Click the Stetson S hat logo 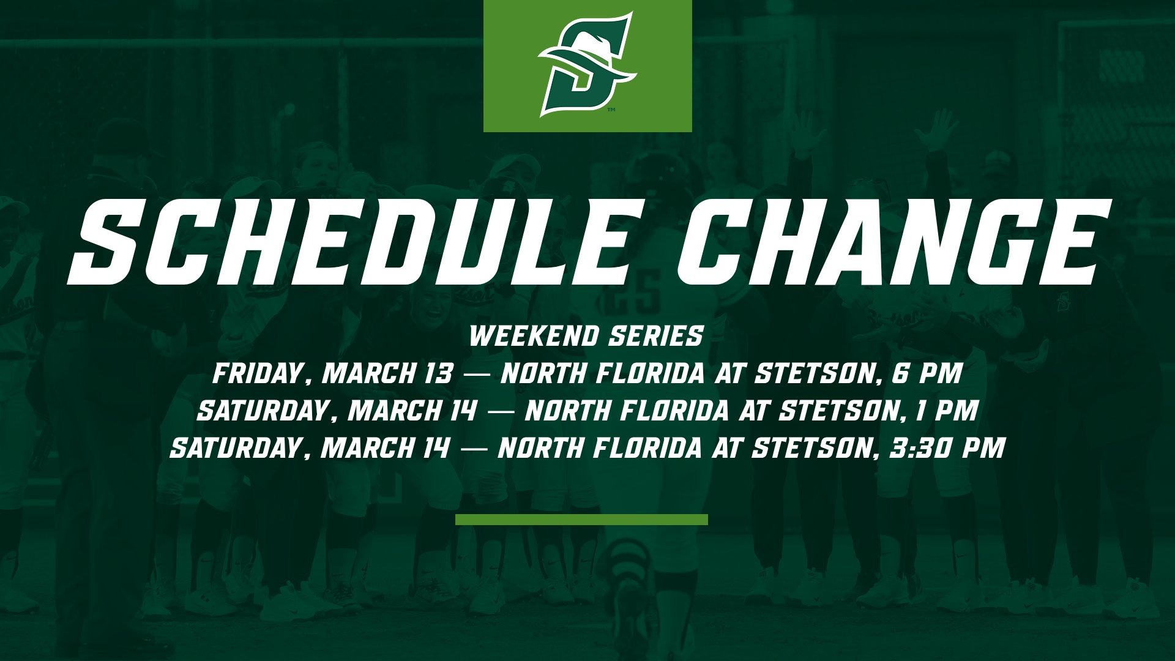click(x=587, y=64)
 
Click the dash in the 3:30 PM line click(x=474, y=449)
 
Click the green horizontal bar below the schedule click(x=581, y=520)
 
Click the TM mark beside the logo click(x=611, y=111)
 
